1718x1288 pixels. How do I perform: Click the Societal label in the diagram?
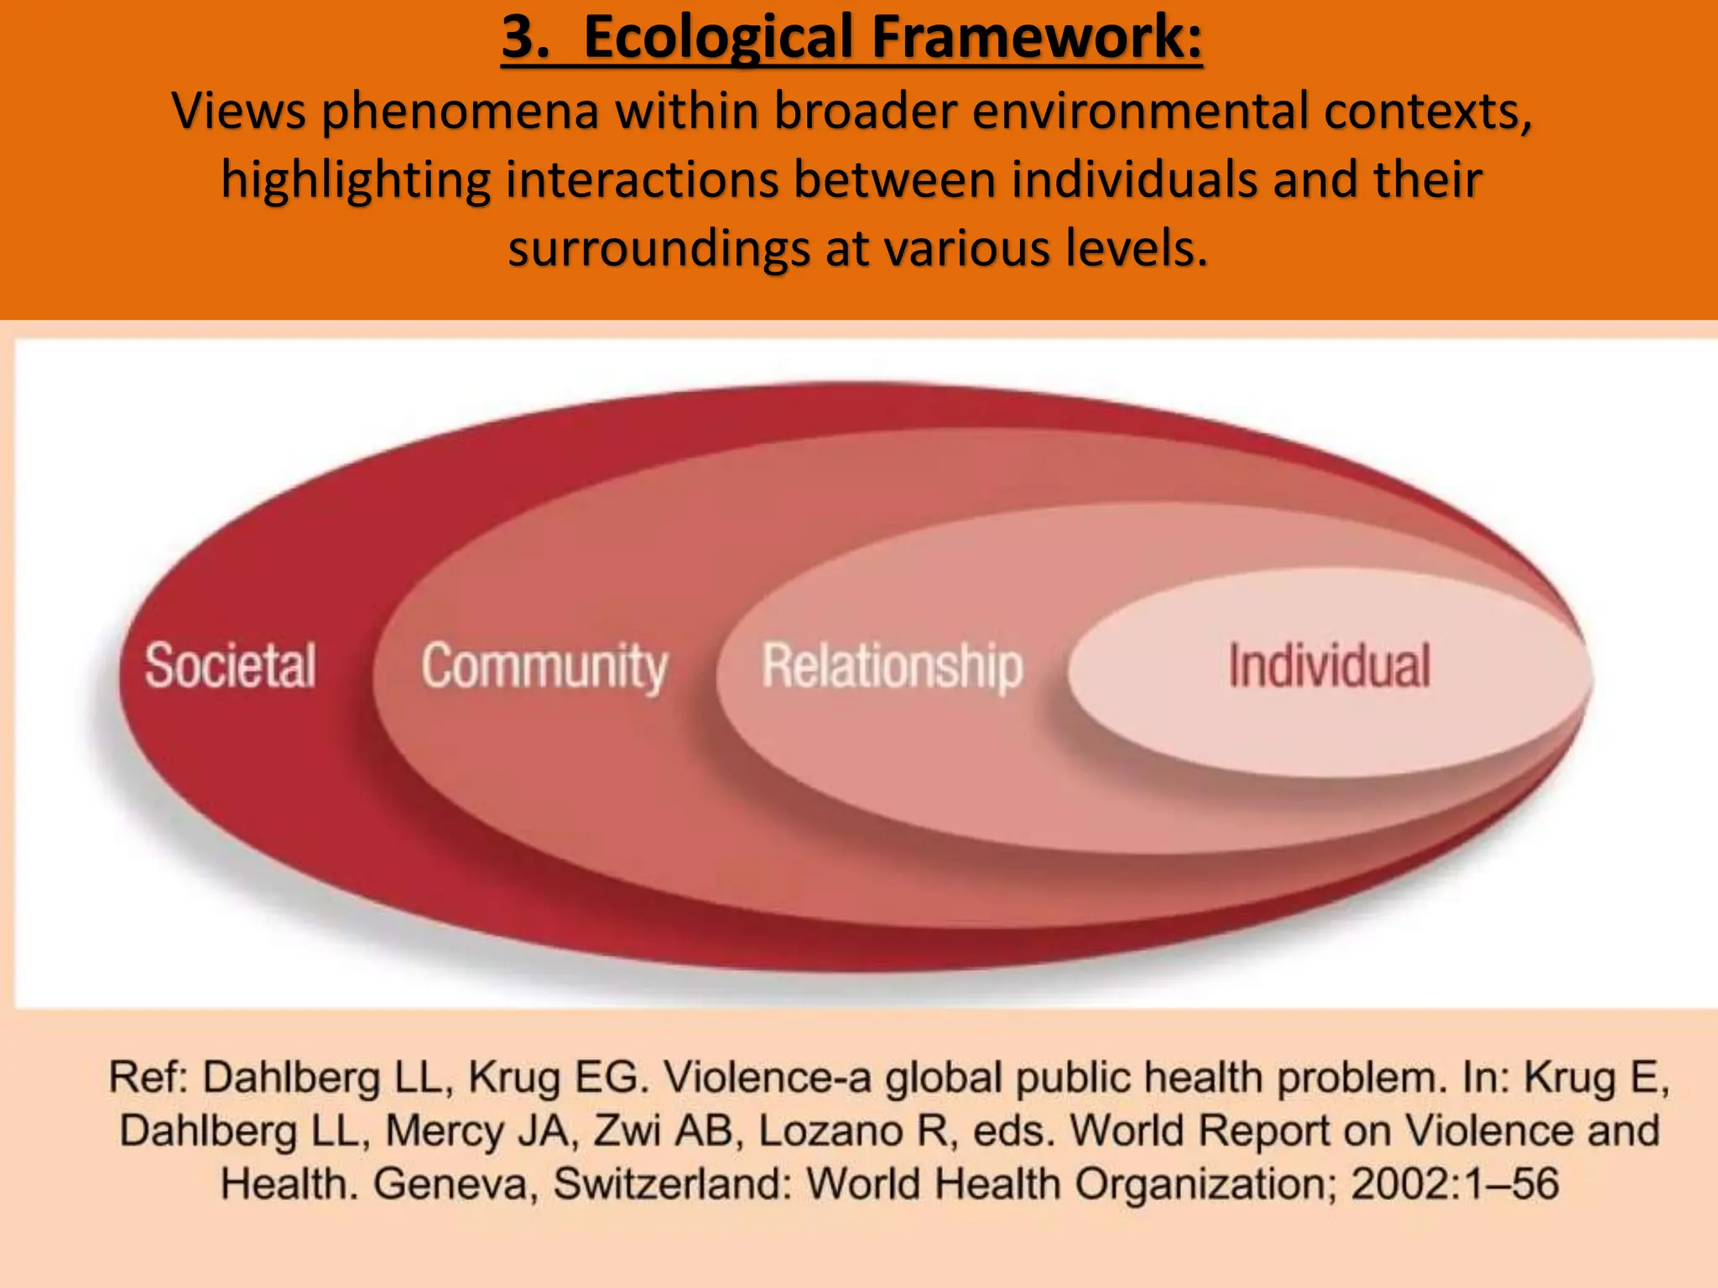coord(231,666)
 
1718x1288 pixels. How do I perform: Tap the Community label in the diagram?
coord(544,667)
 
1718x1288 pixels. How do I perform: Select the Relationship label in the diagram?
coord(893,667)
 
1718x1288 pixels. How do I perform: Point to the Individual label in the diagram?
coord(1330,666)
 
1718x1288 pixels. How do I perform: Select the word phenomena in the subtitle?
coord(461,111)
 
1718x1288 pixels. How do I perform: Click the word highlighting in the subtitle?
coord(356,180)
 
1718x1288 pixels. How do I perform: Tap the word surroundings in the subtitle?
coord(659,249)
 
